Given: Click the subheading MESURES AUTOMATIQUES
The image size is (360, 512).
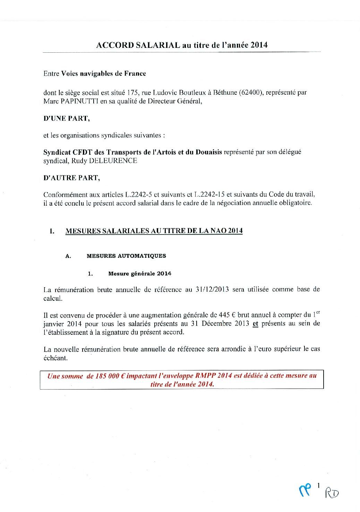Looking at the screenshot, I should click(126, 256).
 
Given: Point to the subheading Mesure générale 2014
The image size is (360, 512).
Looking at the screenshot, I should click(140, 273).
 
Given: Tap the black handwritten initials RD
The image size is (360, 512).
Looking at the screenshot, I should click(332, 492).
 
